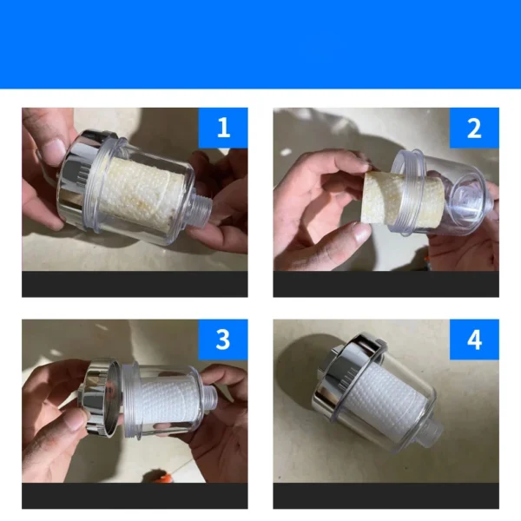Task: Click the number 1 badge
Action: coord(223,128)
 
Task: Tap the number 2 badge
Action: coord(474,128)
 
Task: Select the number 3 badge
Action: coord(223,340)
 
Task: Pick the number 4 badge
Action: coord(474,340)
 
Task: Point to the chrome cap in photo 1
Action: coord(82,178)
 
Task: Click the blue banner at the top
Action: coord(260,43)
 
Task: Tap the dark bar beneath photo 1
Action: coord(135,284)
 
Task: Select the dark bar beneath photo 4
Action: coord(386,495)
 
